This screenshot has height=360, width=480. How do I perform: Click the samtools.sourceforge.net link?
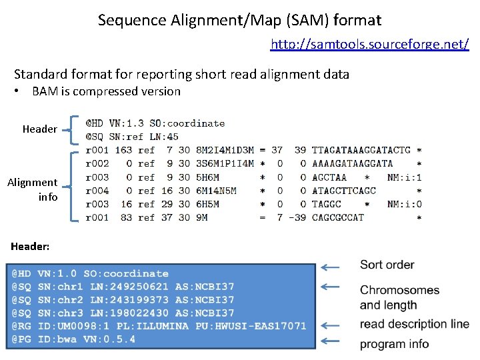pyautogui.click(x=369, y=45)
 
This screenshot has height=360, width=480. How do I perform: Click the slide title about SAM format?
pyautogui.click(x=239, y=20)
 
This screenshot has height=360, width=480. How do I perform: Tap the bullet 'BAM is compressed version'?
pyautogui.click(x=106, y=91)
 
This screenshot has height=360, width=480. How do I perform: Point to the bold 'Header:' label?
pyautogui.click(x=30, y=247)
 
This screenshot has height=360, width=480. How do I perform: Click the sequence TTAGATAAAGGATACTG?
pyautogui.click(x=361, y=150)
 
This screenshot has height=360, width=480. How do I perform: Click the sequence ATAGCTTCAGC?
pyautogui.click(x=344, y=191)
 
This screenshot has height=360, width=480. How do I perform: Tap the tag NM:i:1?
pyautogui.click(x=404, y=177)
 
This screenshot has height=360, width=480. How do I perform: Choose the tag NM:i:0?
pyautogui.click(x=404, y=204)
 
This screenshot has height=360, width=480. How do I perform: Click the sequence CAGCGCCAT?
pyautogui.click(x=338, y=217)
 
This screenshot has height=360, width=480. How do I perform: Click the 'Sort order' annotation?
pyautogui.click(x=387, y=265)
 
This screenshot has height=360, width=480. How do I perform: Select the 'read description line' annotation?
pyautogui.click(x=414, y=324)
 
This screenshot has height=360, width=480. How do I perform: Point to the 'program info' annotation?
pyautogui.click(x=394, y=344)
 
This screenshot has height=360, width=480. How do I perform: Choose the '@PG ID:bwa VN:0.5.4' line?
pyautogui.click(x=73, y=339)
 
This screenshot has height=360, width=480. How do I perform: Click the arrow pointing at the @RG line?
pyautogui.click(x=329, y=325)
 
